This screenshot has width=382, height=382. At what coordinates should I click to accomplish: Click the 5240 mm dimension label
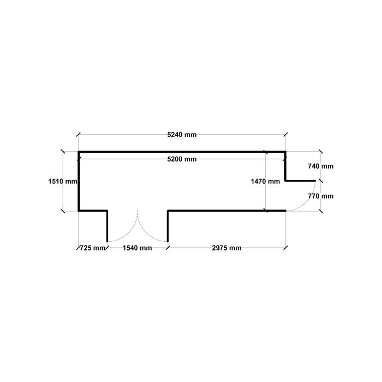click(182, 135)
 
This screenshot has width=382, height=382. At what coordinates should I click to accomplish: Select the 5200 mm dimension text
click(182, 159)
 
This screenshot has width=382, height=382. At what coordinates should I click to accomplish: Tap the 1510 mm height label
click(63, 181)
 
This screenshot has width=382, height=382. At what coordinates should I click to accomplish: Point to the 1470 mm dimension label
click(265, 181)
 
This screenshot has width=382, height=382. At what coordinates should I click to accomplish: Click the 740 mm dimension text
click(321, 166)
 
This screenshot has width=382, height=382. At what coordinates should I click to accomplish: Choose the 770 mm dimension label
click(321, 196)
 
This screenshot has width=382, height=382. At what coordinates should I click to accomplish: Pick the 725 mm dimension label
click(92, 248)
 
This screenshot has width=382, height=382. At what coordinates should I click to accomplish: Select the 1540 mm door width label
click(137, 248)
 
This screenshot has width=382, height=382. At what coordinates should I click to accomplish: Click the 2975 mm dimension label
click(226, 248)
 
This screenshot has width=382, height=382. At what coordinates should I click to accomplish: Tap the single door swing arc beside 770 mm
click(307, 202)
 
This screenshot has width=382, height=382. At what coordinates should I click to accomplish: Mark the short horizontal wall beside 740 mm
click(300, 181)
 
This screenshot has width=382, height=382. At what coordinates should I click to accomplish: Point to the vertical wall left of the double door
click(107, 226)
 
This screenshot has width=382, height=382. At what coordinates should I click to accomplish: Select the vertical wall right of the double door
click(168, 226)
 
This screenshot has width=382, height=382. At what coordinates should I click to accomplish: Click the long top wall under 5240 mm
click(182, 152)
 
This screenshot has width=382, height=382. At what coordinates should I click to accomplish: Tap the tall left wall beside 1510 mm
click(79, 181)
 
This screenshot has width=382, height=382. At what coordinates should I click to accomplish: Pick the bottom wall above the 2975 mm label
click(226, 211)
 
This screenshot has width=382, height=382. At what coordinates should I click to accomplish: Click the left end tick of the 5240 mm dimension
click(78, 134)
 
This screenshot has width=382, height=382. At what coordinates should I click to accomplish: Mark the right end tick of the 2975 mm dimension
click(285, 248)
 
